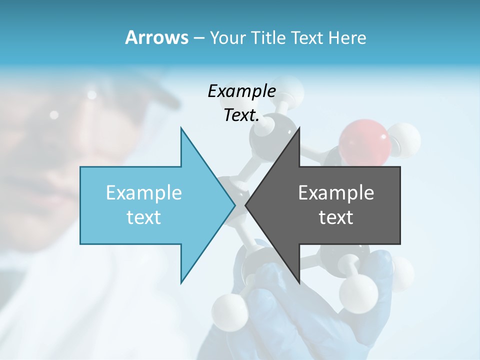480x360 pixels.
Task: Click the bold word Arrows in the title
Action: (x=156, y=37)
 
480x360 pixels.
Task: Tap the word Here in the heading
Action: (x=347, y=38)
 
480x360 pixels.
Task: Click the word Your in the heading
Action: (x=228, y=38)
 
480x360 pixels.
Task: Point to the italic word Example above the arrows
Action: (x=241, y=91)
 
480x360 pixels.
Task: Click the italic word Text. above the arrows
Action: (x=241, y=115)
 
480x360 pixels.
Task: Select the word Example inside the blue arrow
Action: (x=144, y=192)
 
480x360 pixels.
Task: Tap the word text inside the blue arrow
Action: (x=144, y=217)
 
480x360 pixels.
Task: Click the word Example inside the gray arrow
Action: (x=336, y=192)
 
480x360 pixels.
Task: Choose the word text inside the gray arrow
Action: (x=336, y=217)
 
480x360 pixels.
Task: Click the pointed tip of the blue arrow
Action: (x=234, y=205)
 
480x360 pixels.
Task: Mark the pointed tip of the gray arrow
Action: (x=246, y=205)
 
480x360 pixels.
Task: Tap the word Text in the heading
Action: (x=306, y=38)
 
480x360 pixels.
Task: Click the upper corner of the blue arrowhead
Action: (x=181, y=128)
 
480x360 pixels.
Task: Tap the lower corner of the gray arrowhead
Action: (x=299, y=282)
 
